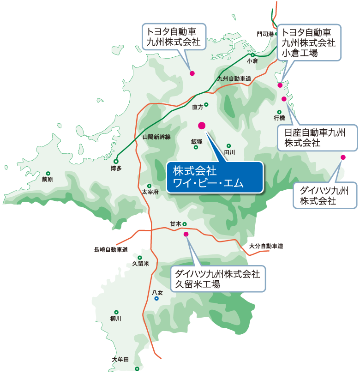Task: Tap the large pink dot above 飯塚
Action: [x=201, y=125]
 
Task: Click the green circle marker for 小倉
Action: [x=253, y=54]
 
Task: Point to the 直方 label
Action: [x=198, y=107]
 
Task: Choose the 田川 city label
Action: [x=229, y=152]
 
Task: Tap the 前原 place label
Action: [x=47, y=180]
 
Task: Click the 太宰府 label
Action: [x=150, y=191]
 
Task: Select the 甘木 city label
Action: [x=175, y=224]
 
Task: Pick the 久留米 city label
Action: [x=141, y=264]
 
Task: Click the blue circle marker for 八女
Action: [x=157, y=298]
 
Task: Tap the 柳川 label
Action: [x=116, y=319]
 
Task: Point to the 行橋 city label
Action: [x=279, y=118]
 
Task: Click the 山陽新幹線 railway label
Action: [x=156, y=137]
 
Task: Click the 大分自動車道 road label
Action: [x=266, y=246]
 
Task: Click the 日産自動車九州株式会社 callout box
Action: [x=317, y=138]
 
